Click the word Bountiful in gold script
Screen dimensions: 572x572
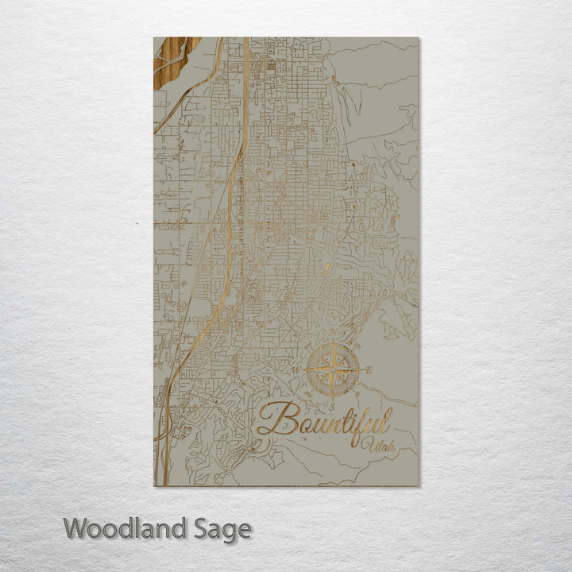pyautogui.click(x=324, y=419)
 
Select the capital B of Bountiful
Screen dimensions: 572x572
pyautogui.click(x=272, y=419)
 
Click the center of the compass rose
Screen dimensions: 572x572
pyautogui.click(x=333, y=369)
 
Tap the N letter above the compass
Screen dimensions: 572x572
pyautogui.click(x=333, y=339)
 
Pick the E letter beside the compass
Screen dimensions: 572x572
pyautogui.click(x=368, y=370)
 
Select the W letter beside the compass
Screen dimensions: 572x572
pyautogui.click(x=297, y=370)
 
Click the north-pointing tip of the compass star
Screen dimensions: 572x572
pyautogui.click(x=333, y=346)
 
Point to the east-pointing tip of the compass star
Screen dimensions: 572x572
pyautogui.click(x=358, y=369)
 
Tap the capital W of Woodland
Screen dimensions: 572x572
pyautogui.click(x=76, y=528)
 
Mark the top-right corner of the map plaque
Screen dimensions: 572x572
pyautogui.click(x=418, y=38)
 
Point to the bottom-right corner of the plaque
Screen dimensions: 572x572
pyautogui.click(x=418, y=485)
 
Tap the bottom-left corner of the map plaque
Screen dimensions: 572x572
pyautogui.click(x=154, y=485)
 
